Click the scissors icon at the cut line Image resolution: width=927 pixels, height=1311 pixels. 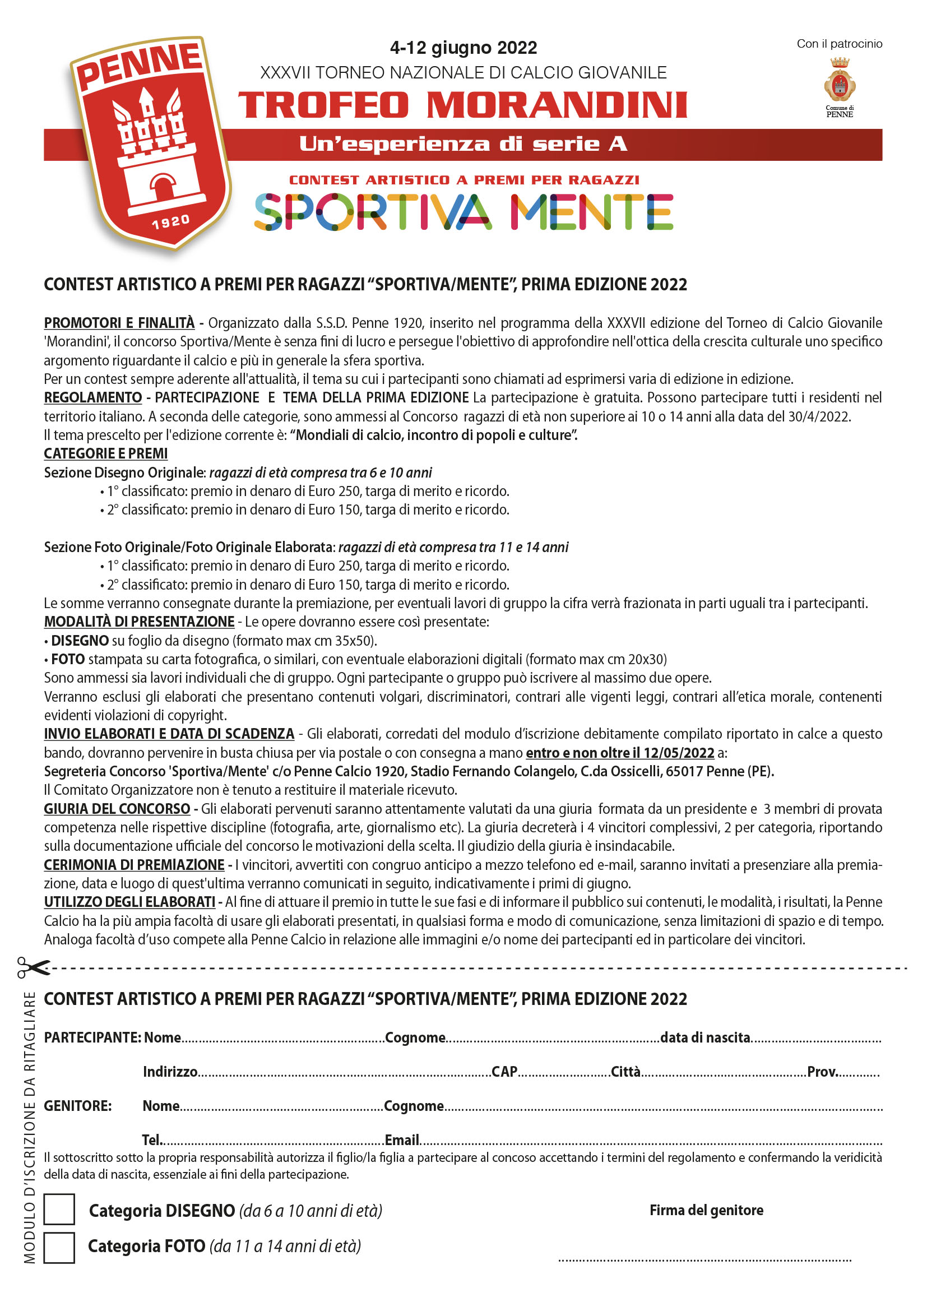pos(33,967)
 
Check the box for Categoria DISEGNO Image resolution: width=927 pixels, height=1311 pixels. pos(59,1209)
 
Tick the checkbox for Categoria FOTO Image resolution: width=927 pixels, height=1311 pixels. pos(59,1247)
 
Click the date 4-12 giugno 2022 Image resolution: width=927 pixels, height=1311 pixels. pos(463,48)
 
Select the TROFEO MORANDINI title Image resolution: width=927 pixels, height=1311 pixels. pos(463,105)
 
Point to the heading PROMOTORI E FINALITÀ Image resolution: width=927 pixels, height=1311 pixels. pos(119,323)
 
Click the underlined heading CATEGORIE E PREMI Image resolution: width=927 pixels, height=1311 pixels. pos(105,453)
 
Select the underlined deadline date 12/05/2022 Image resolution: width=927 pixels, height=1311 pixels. pos(679,753)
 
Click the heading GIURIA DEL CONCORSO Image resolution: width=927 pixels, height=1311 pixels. pos(117,809)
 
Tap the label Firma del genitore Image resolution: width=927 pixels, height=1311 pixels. pos(706,1210)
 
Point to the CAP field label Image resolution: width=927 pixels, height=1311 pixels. pos(504,1071)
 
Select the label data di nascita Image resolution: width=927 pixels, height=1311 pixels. pos(705,1037)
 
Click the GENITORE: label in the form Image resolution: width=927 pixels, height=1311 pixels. pos(78,1105)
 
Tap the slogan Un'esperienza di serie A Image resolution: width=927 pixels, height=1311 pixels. pos(463,144)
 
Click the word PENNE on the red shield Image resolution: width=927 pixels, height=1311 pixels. pos(140,66)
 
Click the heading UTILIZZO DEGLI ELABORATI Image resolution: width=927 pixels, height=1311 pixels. pos(129,902)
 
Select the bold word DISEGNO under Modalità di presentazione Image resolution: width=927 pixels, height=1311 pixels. pos(80,640)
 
